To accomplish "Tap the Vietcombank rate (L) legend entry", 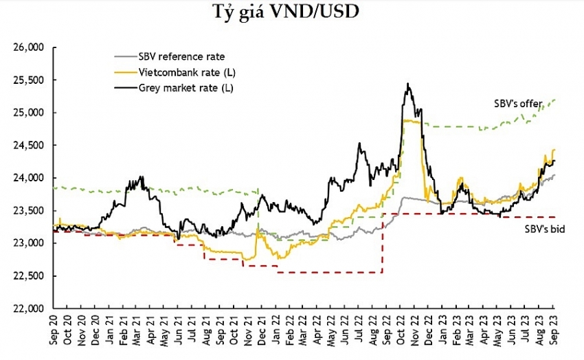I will click(x=178, y=71).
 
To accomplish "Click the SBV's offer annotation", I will click(x=519, y=104).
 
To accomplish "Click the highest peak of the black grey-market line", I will click(x=408, y=85).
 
